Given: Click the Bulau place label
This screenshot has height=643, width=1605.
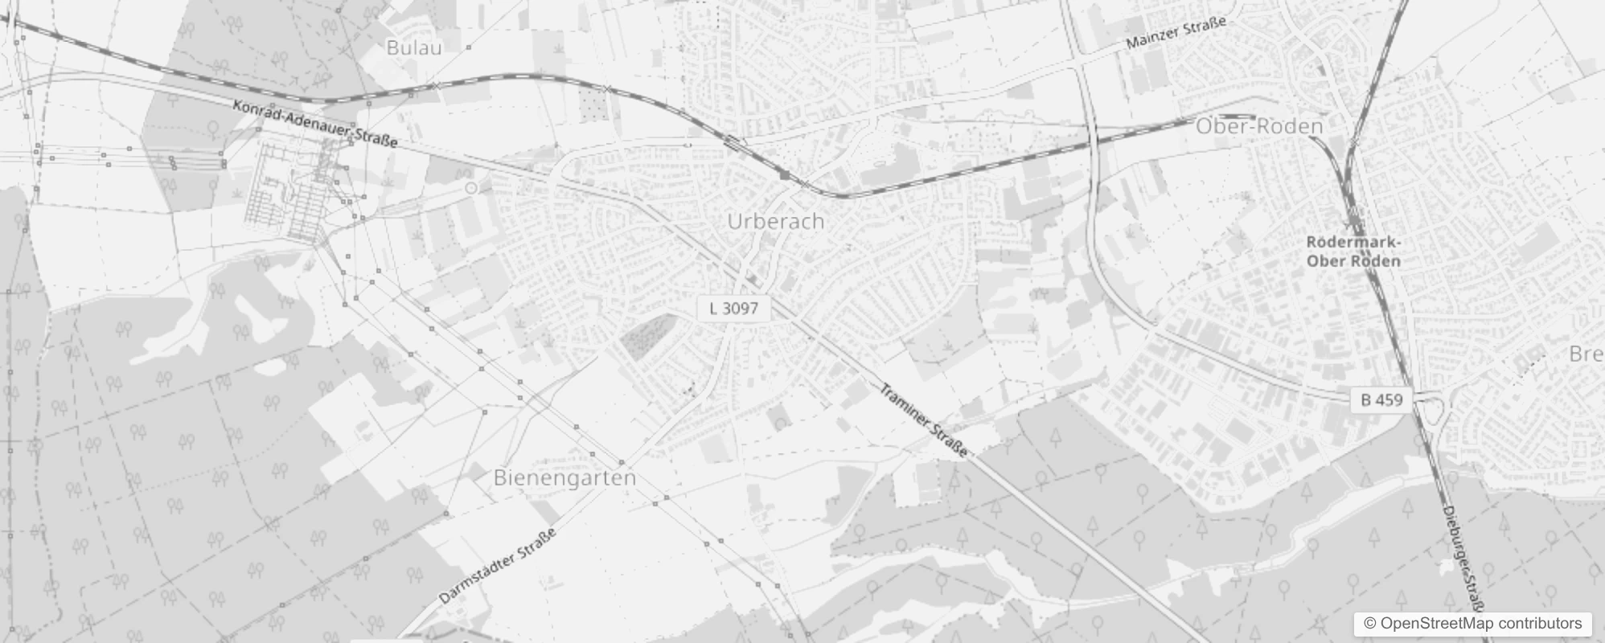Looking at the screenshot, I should pos(414,47).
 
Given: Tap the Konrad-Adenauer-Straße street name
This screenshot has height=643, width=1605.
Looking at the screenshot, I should pos(315,124).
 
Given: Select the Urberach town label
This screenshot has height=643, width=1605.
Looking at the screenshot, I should pos(775,221).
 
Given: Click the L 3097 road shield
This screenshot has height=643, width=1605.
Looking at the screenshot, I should pos(733,308).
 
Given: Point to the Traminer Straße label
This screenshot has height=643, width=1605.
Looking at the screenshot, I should pos(924,420).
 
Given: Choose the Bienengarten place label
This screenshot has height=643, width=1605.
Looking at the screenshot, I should pos(564,477).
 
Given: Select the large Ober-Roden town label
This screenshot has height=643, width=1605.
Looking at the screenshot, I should pos(1259,126).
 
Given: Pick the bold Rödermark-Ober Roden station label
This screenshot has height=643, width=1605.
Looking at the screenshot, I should pos(1353,252).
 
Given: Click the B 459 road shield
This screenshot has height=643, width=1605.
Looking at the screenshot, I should pos(1381,399).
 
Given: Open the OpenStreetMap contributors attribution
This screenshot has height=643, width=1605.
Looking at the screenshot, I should pos(1471,624).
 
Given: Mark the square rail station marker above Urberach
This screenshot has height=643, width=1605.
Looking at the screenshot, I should pos(784,174).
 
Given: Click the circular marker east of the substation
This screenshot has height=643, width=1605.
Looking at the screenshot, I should pos(472,188).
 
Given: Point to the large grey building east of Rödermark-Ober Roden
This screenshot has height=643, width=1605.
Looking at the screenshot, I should pos(1524,238).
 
